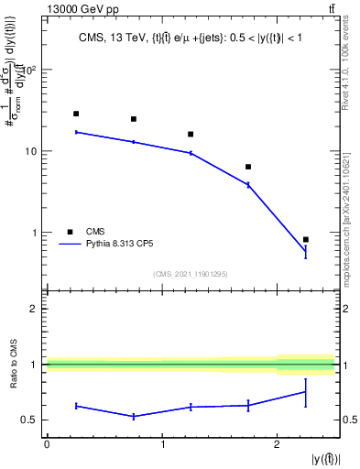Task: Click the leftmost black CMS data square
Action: click(76, 114)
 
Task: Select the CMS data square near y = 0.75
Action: click(134, 119)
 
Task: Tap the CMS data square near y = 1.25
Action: click(191, 135)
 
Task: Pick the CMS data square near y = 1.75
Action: click(248, 167)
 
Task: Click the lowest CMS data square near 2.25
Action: click(306, 239)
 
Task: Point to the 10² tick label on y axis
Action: click(29, 70)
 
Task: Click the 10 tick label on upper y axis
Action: click(32, 151)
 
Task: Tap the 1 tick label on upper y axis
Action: click(36, 233)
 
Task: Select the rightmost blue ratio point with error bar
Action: click(306, 392)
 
